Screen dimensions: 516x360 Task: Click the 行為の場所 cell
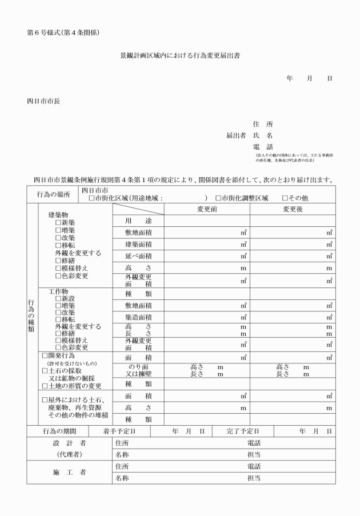[x=54, y=194]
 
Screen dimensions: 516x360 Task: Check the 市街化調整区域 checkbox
[x=218, y=198]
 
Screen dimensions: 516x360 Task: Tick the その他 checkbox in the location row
[x=285, y=198]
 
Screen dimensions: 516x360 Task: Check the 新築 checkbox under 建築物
[x=58, y=222]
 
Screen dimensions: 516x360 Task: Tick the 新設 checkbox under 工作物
[x=58, y=298]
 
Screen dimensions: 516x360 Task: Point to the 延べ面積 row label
[x=138, y=257]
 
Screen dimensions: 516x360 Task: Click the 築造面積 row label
[x=138, y=317]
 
